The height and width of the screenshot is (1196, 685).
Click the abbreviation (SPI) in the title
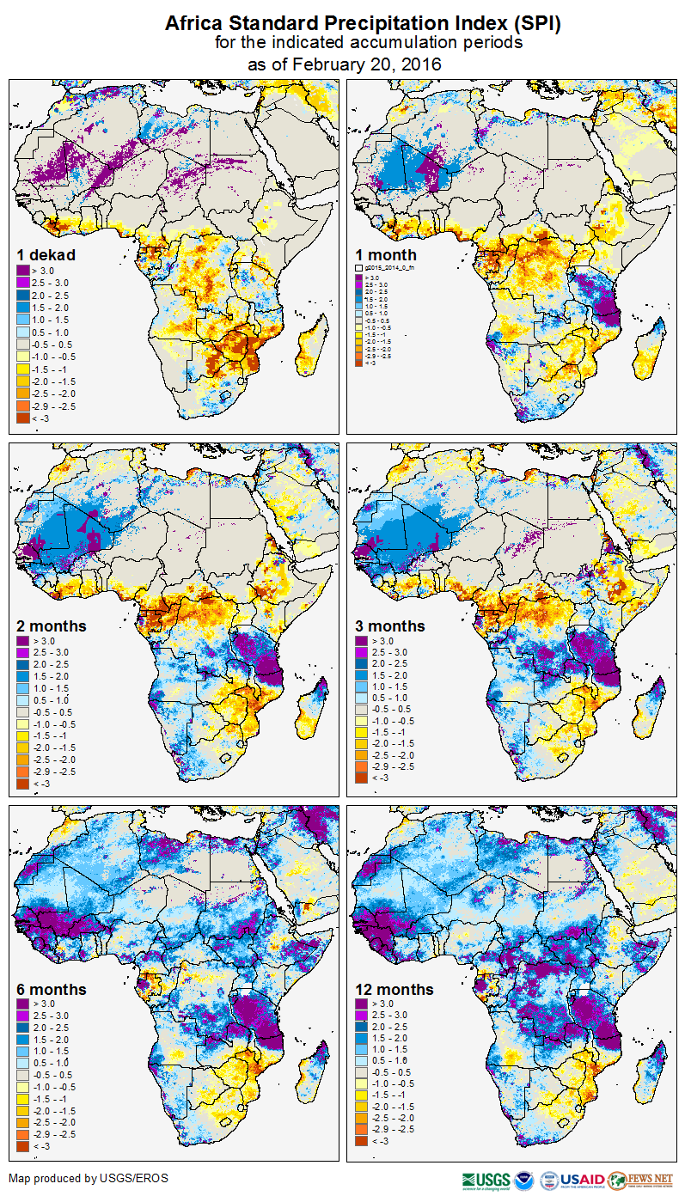click(x=535, y=24)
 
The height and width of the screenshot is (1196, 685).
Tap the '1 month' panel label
click(x=386, y=254)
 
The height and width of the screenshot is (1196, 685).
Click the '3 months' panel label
click(x=390, y=625)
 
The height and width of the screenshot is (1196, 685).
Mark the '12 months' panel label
click(x=394, y=989)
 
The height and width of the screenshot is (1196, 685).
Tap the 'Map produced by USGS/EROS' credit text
click(x=89, y=1178)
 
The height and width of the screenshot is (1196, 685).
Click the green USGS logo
click(x=486, y=1180)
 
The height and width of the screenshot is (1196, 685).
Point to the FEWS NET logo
click(x=640, y=1180)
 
